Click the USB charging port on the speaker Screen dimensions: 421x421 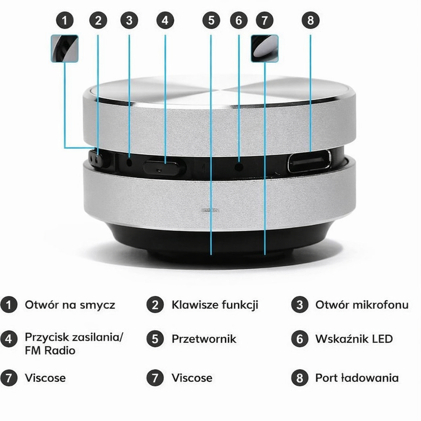[x=309, y=161]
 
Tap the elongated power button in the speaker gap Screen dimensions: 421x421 [x=162, y=168]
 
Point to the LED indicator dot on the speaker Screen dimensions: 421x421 [x=239, y=167]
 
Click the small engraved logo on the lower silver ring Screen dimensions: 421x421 [x=210, y=210]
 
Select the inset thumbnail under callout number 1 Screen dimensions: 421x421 [x=65, y=48]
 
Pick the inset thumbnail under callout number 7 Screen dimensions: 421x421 [x=264, y=48]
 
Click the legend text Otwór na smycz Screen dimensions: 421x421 [x=70, y=305]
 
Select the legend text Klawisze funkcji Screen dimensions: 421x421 [x=215, y=305]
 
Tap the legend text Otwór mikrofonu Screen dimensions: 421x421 [x=362, y=305]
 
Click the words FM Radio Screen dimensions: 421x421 [x=50, y=350]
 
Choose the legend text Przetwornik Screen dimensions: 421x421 [x=204, y=339]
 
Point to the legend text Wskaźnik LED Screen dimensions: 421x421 [x=354, y=339]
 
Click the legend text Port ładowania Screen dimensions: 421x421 [x=357, y=378]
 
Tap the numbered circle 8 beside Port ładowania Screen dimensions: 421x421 [x=300, y=378]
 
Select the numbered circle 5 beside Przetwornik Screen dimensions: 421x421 [x=155, y=339]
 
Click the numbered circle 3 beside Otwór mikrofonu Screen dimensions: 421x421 [x=300, y=305]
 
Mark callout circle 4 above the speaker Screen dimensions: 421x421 [x=165, y=20]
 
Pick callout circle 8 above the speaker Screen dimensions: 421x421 [x=310, y=20]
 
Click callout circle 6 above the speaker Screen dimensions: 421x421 [x=239, y=20]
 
